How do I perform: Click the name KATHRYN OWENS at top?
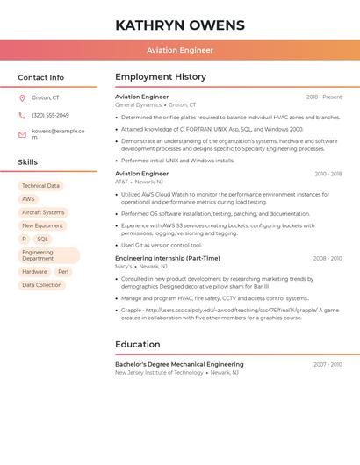(x=179, y=25)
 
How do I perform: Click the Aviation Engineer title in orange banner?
(x=179, y=50)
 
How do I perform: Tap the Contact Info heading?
(x=40, y=77)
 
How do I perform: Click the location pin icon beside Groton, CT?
(x=22, y=97)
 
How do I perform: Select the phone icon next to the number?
(x=22, y=115)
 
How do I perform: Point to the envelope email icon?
(x=22, y=134)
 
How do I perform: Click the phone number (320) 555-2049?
(x=50, y=115)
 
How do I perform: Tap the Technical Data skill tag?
(x=40, y=186)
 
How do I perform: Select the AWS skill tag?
(x=28, y=199)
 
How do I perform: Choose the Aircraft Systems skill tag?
(x=43, y=212)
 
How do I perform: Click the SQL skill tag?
(x=42, y=239)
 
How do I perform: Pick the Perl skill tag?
(x=63, y=272)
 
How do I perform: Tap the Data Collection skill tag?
(x=42, y=285)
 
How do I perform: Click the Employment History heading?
(x=160, y=77)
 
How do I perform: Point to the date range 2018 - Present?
(x=324, y=97)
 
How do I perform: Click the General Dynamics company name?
(x=138, y=104)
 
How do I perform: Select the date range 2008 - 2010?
(x=328, y=259)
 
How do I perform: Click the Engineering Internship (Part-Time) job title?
(x=167, y=258)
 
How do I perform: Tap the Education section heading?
(x=137, y=344)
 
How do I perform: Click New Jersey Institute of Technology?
(x=159, y=372)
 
